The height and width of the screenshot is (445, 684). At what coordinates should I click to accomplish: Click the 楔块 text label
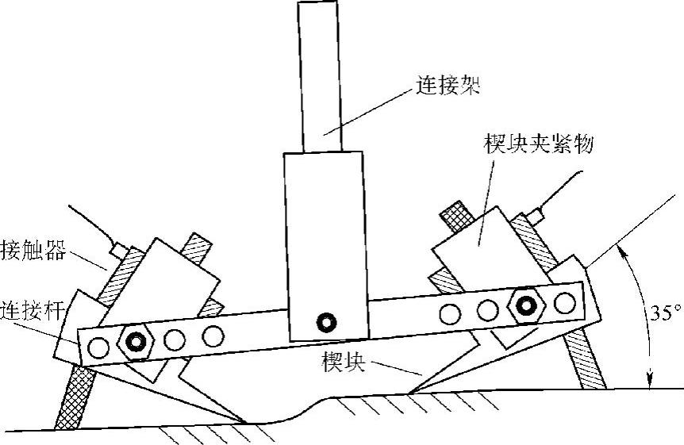pos(344,363)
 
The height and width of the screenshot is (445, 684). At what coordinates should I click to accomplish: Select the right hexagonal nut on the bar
pos(525,305)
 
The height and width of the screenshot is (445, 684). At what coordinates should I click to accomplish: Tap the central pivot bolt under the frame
pos(325,321)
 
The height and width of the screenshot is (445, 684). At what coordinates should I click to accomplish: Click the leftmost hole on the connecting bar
pos(99,347)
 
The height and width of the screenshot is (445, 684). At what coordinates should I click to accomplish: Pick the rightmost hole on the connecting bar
pos(565,302)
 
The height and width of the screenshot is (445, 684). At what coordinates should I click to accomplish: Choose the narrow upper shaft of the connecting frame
pos(321,75)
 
